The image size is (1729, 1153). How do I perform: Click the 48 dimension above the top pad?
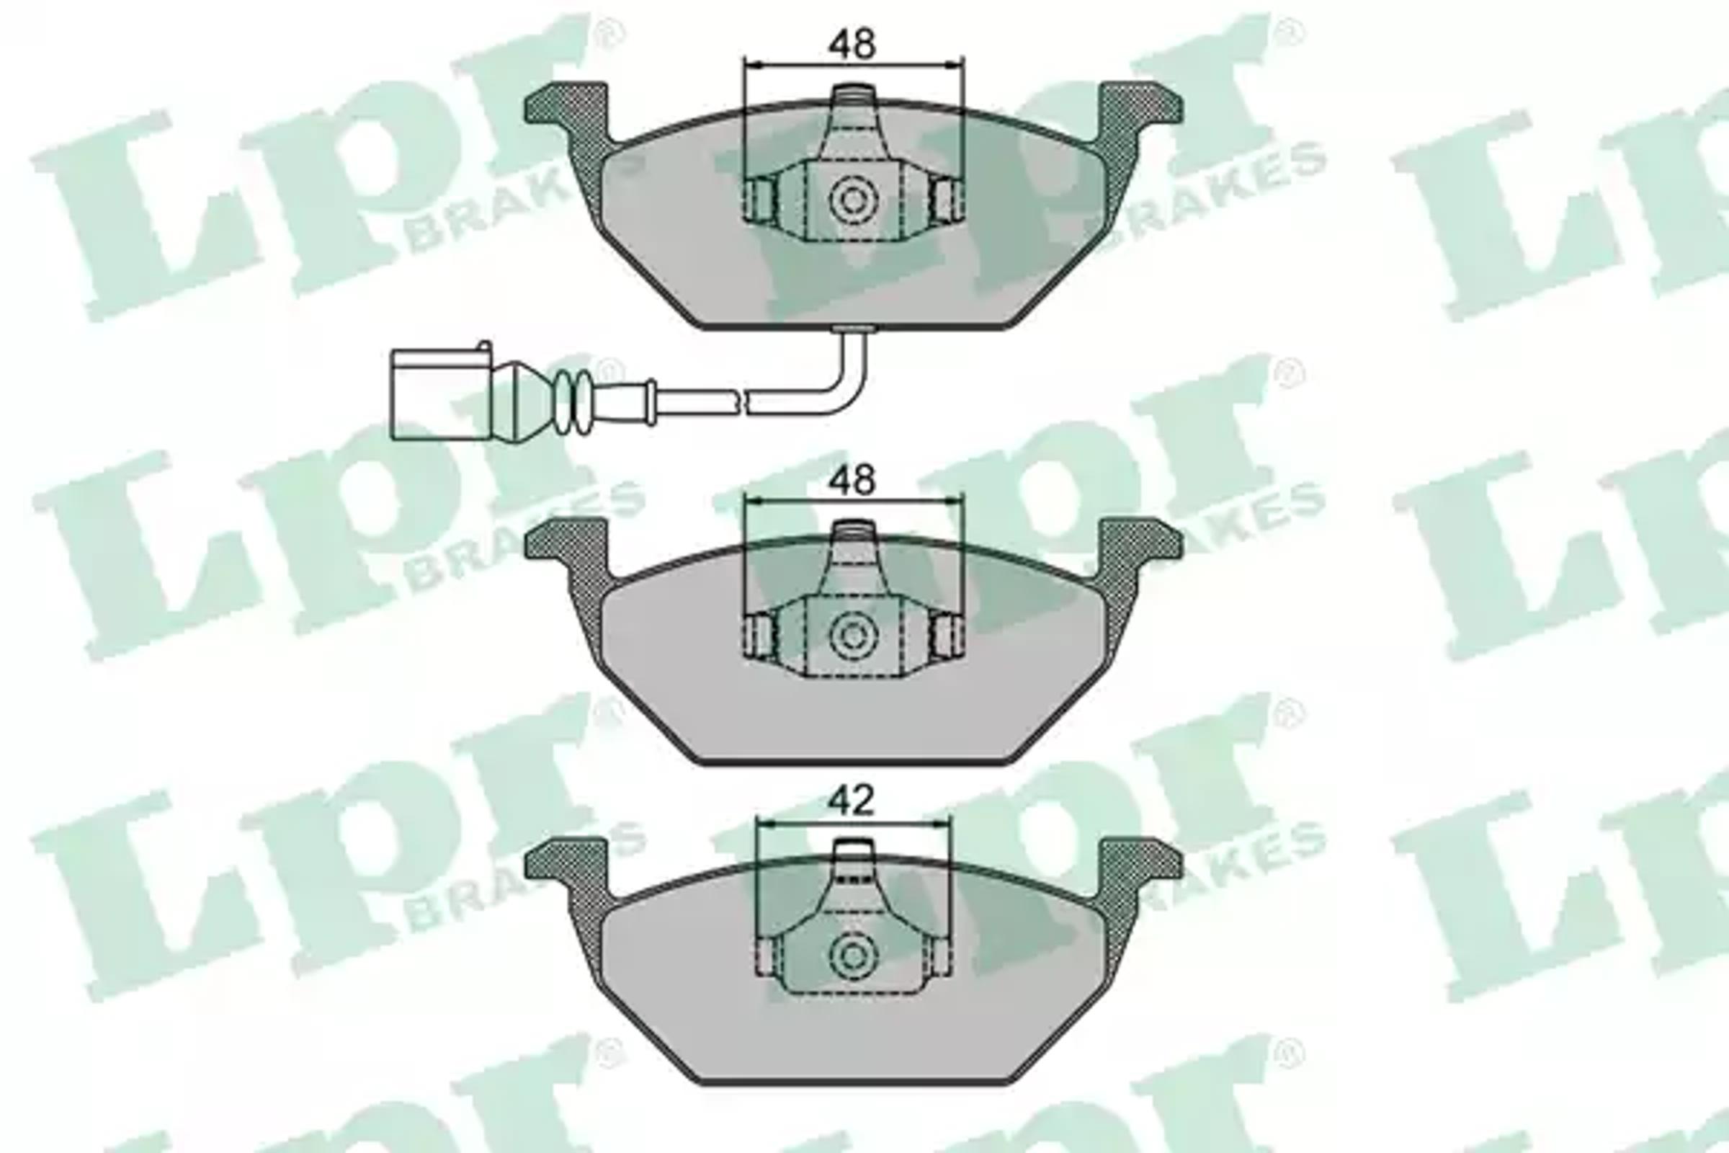click(852, 44)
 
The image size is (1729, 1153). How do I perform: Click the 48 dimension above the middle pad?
click(852, 480)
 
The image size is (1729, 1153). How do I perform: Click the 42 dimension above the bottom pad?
click(852, 800)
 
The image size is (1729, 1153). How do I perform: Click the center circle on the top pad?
click(854, 200)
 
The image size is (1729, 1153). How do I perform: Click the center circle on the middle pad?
click(854, 636)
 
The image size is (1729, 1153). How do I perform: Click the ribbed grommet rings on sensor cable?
click(573, 401)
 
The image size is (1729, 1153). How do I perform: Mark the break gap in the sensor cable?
click(741, 402)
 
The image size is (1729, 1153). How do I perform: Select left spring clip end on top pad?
click(759, 200)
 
